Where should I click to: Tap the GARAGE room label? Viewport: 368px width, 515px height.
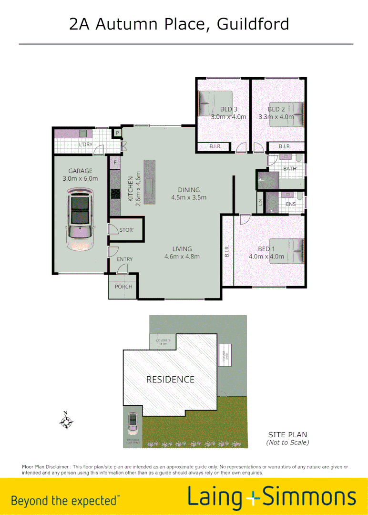click(x=80, y=171)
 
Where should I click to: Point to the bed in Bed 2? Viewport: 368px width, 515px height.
click(x=286, y=114)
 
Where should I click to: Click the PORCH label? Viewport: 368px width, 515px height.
click(x=123, y=287)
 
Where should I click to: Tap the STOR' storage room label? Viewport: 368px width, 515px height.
click(x=126, y=230)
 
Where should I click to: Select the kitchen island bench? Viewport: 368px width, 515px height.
click(x=149, y=182)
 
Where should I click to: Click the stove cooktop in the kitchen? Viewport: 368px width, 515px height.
click(x=115, y=194)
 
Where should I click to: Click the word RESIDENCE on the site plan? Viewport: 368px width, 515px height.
click(x=170, y=380)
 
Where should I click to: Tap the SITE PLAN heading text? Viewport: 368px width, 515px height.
click(x=287, y=434)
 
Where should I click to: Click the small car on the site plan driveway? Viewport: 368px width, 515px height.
click(x=132, y=422)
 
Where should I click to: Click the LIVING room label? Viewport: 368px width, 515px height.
click(x=182, y=249)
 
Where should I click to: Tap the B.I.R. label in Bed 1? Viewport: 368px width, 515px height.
click(x=227, y=251)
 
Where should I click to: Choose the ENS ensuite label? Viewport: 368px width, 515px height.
click(x=291, y=204)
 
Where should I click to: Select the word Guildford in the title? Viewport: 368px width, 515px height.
click(x=253, y=23)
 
